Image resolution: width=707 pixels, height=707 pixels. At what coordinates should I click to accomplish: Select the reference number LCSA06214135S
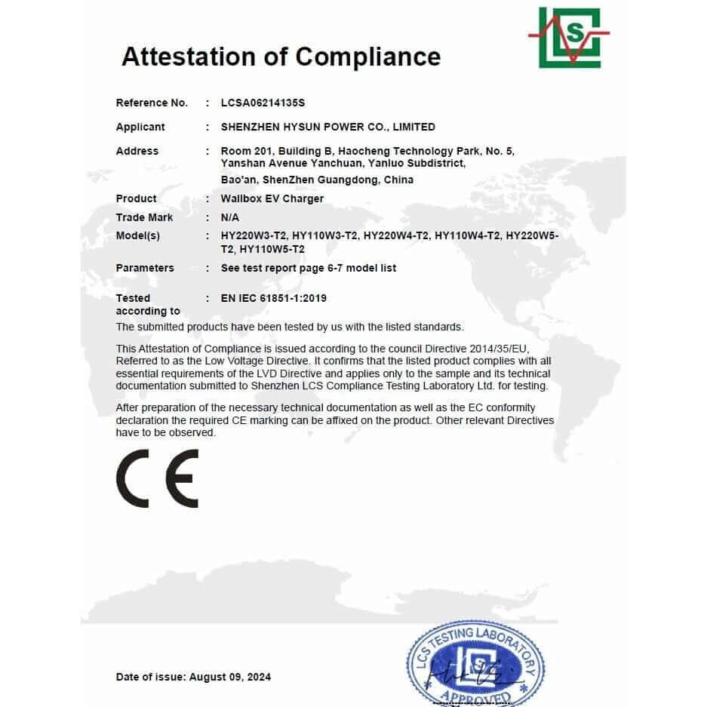(x=263, y=103)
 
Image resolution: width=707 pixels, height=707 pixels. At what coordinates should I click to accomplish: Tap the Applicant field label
(x=140, y=127)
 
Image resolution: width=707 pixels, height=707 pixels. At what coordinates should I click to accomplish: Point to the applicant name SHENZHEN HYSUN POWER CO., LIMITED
(x=327, y=127)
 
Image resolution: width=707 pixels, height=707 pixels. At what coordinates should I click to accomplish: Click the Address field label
(x=137, y=151)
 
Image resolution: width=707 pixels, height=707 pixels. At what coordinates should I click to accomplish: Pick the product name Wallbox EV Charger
(x=272, y=198)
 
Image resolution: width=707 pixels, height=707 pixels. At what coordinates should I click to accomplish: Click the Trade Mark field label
(x=144, y=217)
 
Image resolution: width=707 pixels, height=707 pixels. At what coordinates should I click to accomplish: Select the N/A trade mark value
(x=229, y=217)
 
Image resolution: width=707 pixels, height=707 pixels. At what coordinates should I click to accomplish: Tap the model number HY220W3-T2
(x=253, y=235)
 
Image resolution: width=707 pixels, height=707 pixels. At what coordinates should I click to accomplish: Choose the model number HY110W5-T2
(x=272, y=249)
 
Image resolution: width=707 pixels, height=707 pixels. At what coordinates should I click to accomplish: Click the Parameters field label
(x=145, y=268)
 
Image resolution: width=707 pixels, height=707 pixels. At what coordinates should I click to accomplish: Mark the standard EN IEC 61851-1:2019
(x=273, y=298)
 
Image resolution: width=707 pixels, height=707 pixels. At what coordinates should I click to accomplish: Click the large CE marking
(x=158, y=478)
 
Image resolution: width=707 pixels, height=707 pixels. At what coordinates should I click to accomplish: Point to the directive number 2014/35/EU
(x=502, y=348)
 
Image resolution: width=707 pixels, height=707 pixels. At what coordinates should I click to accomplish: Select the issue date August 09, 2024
(x=230, y=677)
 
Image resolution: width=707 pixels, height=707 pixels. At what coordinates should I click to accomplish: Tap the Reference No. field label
(x=152, y=103)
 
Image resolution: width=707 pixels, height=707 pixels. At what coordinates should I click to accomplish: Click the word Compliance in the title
(x=367, y=57)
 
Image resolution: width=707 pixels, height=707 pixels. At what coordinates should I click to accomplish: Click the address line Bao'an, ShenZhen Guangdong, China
(x=317, y=180)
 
